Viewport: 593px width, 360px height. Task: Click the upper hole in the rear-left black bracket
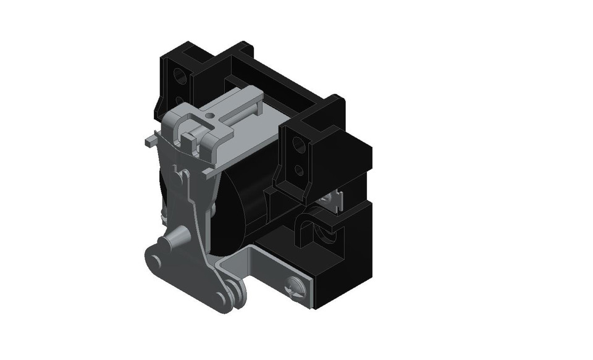point(181,77)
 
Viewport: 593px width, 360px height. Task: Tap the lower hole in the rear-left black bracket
point(180,99)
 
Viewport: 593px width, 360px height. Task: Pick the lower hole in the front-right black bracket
point(299,169)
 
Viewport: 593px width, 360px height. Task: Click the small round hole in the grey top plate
point(210,114)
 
